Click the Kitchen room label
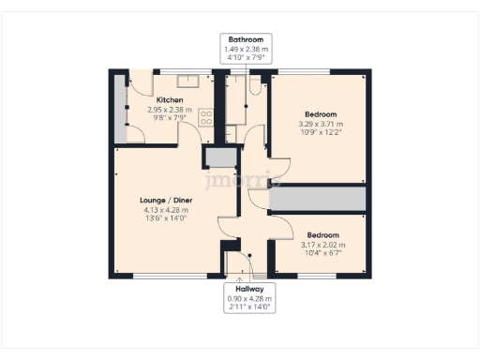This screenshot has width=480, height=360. pyautogui.click(x=170, y=99)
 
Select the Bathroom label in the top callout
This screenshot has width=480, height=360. pyautogui.click(x=244, y=39)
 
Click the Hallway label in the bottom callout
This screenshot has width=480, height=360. pyautogui.click(x=249, y=289)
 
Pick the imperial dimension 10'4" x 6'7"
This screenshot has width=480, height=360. pyautogui.click(x=322, y=252)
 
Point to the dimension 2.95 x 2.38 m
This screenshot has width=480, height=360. pyautogui.click(x=170, y=110)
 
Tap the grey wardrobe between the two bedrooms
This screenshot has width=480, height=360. pyautogui.click(x=318, y=199)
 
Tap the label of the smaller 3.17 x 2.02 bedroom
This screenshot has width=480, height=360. pyautogui.click(x=322, y=234)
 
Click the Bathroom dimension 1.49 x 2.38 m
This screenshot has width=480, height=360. pyautogui.click(x=244, y=49)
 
